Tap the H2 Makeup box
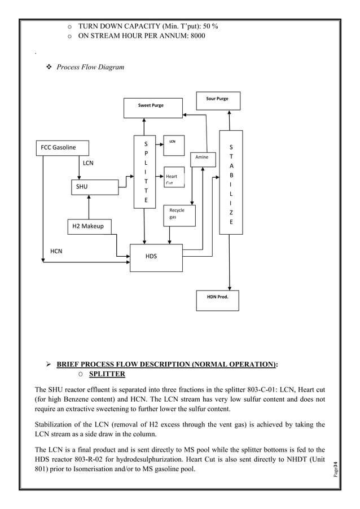point(89,226)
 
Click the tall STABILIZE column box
point(231,183)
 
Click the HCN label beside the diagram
point(56,251)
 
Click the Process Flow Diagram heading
point(90,67)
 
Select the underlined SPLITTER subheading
point(107,374)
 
